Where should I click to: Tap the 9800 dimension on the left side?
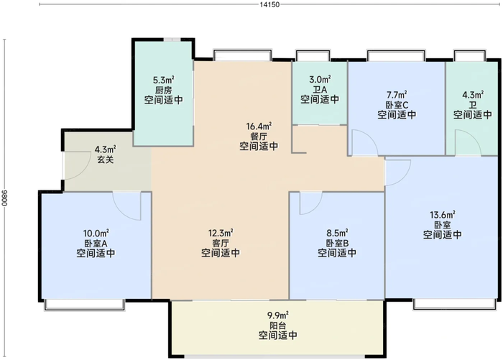[x=5, y=193]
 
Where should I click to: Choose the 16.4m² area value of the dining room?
[x=259, y=125]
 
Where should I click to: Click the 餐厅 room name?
[x=259, y=136]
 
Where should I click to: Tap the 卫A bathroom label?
[x=320, y=90]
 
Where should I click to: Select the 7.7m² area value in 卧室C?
[x=396, y=94]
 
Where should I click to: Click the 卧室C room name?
[x=396, y=105]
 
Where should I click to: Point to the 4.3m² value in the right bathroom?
[x=472, y=94]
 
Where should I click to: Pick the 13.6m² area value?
[x=442, y=214]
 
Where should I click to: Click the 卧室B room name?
[x=336, y=244]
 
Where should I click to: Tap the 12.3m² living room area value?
[x=221, y=233]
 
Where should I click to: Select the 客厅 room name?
[x=221, y=244]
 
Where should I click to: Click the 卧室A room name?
[x=96, y=244]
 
